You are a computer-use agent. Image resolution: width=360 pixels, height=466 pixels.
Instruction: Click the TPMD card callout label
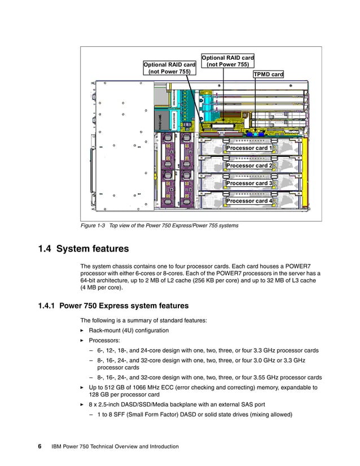268,74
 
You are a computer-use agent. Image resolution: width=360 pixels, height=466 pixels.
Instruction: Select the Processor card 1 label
249,148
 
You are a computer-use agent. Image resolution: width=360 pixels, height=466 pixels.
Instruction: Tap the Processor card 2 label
249,166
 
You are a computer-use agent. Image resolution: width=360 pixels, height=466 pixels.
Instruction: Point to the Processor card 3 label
249,183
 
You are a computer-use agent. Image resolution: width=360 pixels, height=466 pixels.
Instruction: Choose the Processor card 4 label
249,201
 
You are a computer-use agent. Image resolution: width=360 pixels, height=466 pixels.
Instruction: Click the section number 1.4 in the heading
45,249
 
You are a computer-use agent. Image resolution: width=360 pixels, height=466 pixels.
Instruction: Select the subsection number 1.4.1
47,306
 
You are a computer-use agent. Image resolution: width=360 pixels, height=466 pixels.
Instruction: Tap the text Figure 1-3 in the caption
94,226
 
